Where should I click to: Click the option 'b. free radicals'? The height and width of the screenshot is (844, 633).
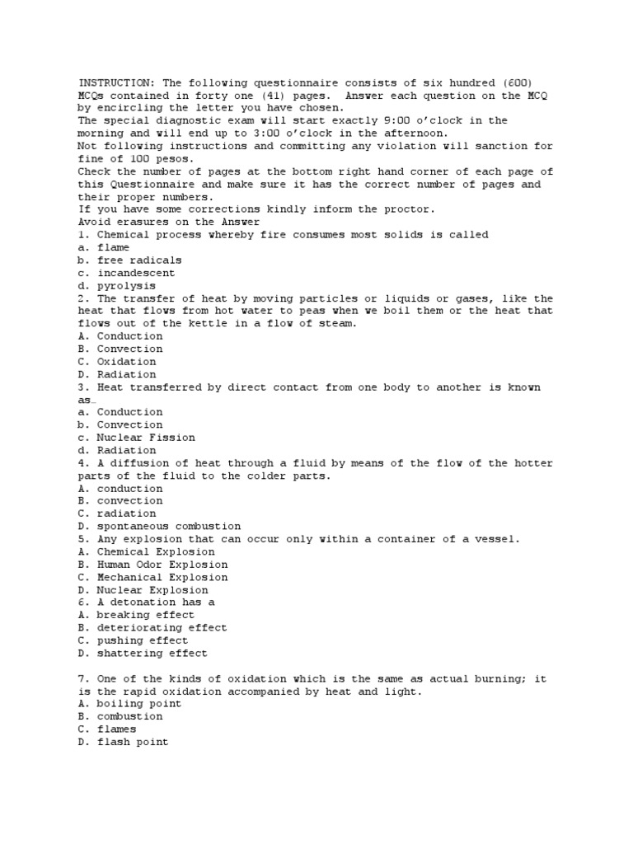[x=129, y=260]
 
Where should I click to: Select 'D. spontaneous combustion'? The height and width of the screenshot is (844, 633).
[x=159, y=526]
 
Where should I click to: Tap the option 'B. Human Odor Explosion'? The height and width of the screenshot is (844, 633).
[x=152, y=565]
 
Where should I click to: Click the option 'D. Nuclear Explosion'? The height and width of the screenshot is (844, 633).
[x=143, y=590]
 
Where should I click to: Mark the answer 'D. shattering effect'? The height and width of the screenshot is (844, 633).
[x=143, y=654]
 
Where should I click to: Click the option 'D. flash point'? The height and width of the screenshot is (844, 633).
[x=123, y=742]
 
